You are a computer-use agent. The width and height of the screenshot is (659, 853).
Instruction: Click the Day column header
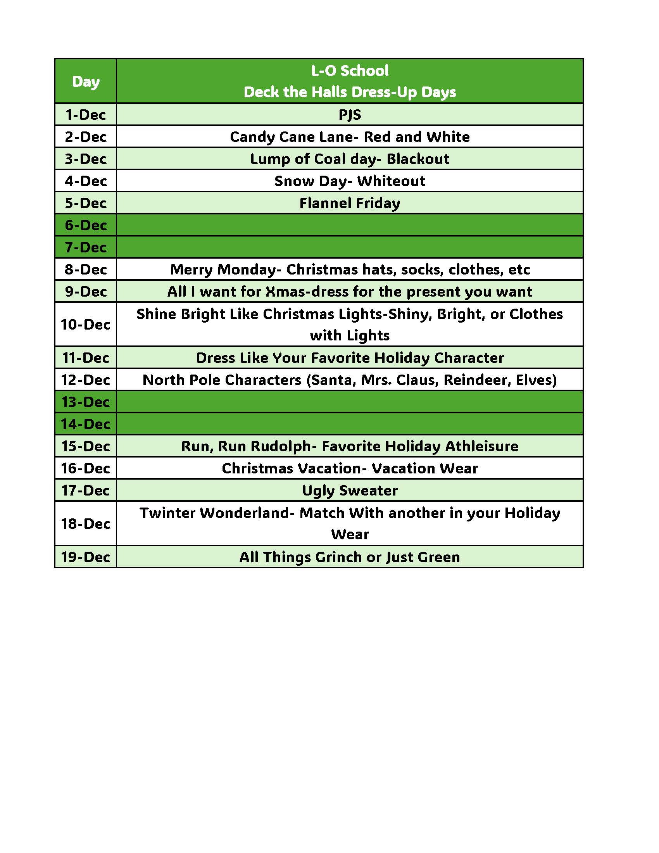[86, 81]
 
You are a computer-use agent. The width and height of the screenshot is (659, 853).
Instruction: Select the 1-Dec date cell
[86, 115]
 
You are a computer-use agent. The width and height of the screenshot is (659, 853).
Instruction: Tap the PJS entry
[350, 115]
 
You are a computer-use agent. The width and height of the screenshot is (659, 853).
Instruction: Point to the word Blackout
[418, 159]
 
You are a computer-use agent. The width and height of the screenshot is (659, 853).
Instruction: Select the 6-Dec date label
[86, 225]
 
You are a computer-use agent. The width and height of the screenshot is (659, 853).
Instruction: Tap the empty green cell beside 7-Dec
[350, 247]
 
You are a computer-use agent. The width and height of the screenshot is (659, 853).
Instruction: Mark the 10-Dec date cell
[86, 325]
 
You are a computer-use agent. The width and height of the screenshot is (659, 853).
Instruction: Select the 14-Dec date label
[86, 424]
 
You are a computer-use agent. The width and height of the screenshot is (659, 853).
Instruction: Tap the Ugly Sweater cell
[350, 490]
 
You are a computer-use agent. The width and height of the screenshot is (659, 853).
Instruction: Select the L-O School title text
[350, 71]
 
